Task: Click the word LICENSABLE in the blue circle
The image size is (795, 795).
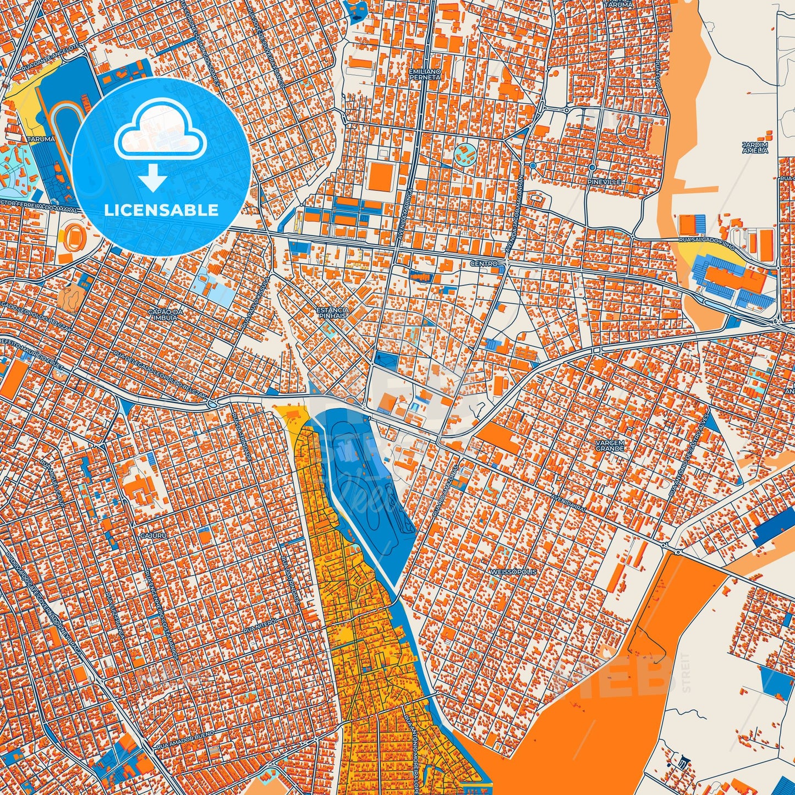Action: click(x=161, y=210)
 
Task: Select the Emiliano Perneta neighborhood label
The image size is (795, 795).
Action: click(x=425, y=74)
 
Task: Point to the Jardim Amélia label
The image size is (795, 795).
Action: click(x=754, y=147)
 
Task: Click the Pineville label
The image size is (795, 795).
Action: click(x=604, y=182)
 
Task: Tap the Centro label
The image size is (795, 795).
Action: click(x=484, y=264)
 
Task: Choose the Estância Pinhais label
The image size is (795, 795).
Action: click(x=332, y=313)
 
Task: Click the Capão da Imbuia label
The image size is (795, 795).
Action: click(x=163, y=314)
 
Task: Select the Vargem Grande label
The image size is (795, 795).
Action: click(x=610, y=445)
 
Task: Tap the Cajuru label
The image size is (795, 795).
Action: click(x=153, y=534)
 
